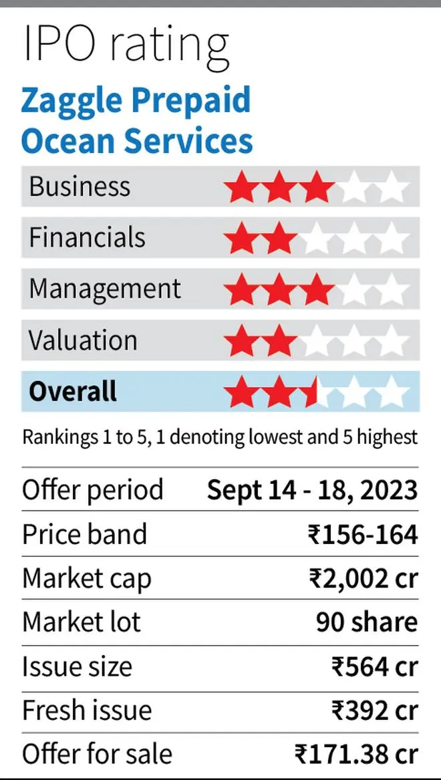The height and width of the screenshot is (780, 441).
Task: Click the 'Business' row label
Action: coord(80,186)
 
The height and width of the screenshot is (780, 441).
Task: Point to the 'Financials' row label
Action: coord(87,238)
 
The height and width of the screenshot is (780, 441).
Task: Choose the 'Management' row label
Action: coord(105,289)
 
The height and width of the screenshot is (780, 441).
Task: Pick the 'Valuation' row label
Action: coord(83,340)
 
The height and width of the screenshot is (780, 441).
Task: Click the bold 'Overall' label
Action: coord(72,391)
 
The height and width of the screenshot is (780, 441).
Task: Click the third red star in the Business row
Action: coord(316,188)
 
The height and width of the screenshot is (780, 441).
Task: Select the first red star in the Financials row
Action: coord(241,239)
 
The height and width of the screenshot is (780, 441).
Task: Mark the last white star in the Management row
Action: coord(392,290)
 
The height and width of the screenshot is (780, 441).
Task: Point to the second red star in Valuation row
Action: coord(279,342)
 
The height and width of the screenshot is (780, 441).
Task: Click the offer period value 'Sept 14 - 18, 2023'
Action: coord(312,490)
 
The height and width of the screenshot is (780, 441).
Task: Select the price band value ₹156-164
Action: coord(362,535)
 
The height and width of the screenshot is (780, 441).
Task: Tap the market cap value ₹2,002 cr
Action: coord(363,579)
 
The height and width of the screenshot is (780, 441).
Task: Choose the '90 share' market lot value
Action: coord(366,622)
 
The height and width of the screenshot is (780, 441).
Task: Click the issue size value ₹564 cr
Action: coord(374,667)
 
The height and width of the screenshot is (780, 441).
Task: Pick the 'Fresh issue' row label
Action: coord(87,710)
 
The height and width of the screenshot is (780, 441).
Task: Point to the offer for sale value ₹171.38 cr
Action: coord(356,754)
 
